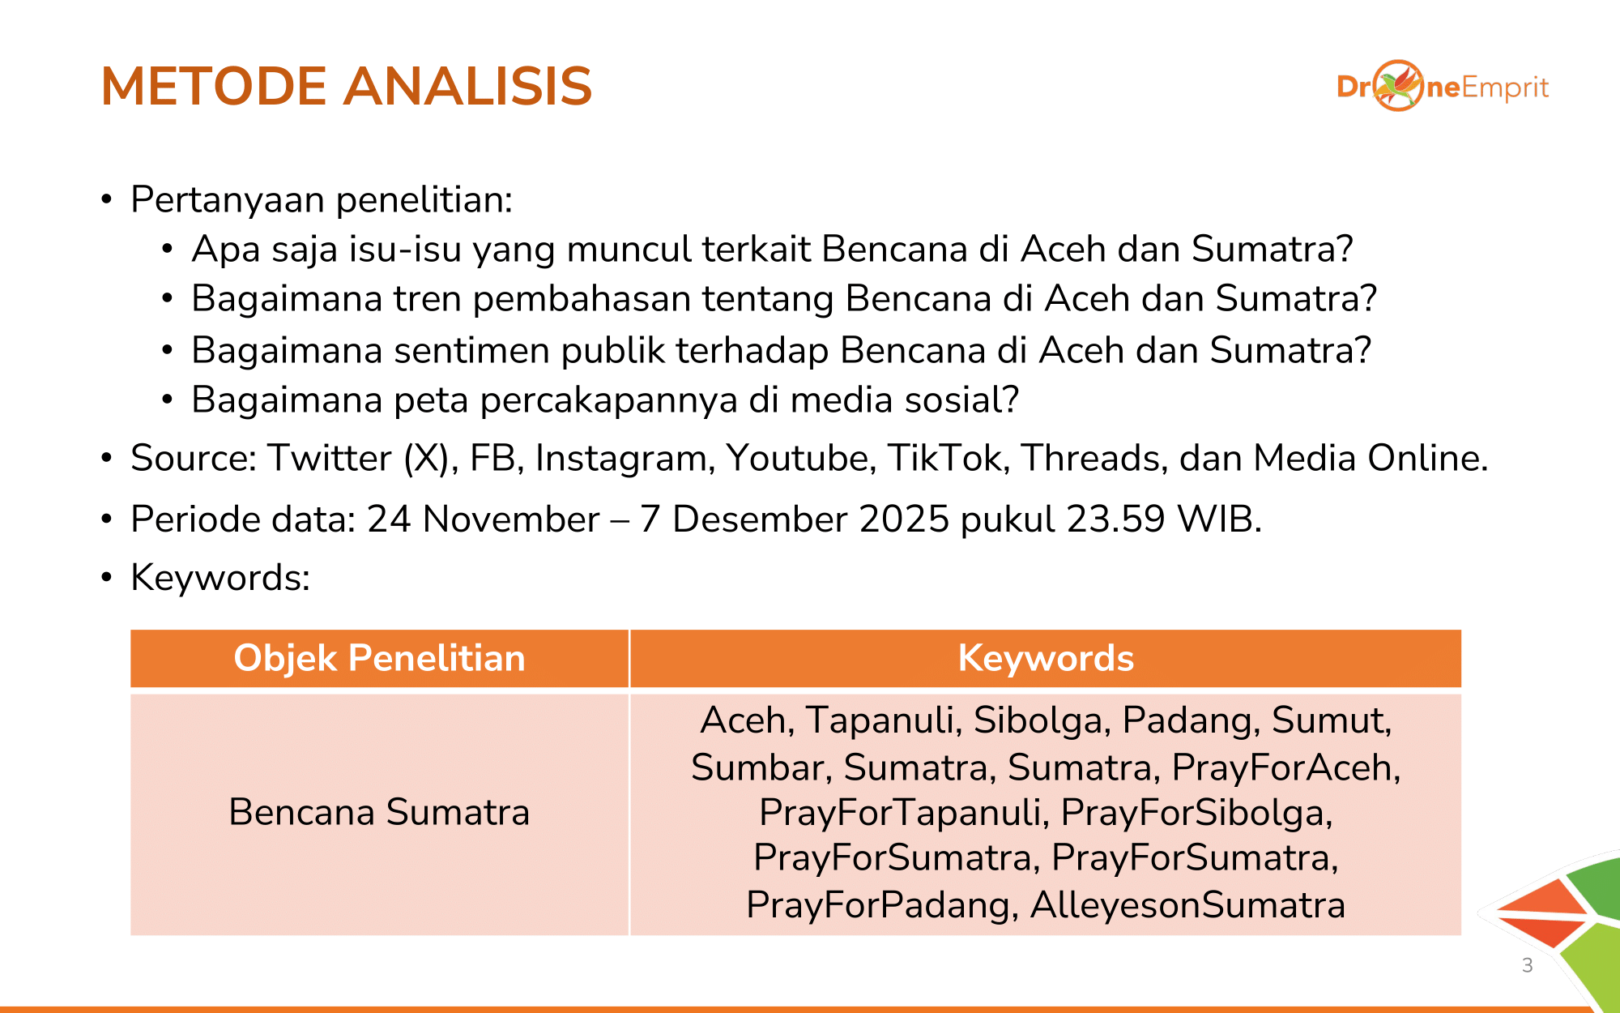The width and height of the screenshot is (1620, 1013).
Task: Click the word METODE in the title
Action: click(214, 86)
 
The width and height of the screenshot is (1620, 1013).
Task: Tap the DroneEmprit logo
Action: click(1443, 86)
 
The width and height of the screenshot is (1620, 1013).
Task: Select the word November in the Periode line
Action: click(511, 519)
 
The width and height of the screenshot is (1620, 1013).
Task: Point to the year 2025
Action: click(904, 519)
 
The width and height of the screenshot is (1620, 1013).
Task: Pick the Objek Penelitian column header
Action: click(380, 658)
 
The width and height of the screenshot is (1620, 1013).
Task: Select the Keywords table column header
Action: click(1046, 658)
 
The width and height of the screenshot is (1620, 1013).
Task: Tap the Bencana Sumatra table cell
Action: click(380, 812)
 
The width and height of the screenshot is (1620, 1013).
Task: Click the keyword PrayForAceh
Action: click(1286, 767)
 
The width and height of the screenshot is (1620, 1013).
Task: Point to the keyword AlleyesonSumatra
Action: click(1187, 905)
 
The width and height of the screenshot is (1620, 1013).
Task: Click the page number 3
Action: click(1528, 965)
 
